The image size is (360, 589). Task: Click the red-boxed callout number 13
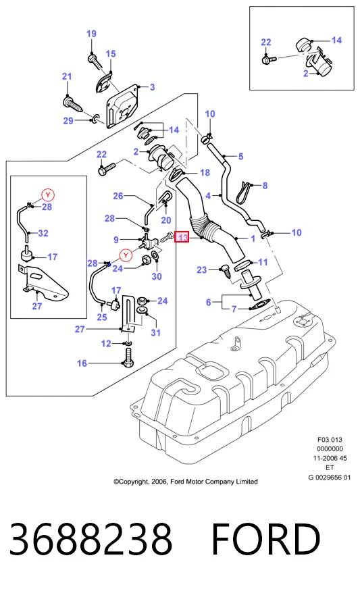click(x=182, y=237)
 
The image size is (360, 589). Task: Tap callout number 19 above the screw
click(x=91, y=34)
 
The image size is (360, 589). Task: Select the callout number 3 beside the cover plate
click(x=152, y=87)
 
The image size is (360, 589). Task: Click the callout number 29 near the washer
click(x=68, y=121)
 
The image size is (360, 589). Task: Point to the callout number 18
click(x=205, y=172)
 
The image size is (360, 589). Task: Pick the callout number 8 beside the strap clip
click(x=265, y=186)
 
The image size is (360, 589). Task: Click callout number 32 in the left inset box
click(x=43, y=233)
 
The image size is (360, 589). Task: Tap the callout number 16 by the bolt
click(x=82, y=363)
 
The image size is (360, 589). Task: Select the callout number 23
click(x=202, y=270)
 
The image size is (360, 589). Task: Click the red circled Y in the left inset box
click(x=48, y=195)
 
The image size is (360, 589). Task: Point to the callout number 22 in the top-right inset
click(x=266, y=42)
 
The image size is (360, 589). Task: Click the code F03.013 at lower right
click(x=330, y=440)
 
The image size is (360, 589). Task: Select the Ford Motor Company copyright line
click(x=186, y=481)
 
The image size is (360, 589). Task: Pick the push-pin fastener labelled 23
click(x=226, y=272)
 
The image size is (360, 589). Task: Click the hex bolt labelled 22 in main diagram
click(x=107, y=168)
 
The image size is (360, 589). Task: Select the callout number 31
click(x=155, y=332)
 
